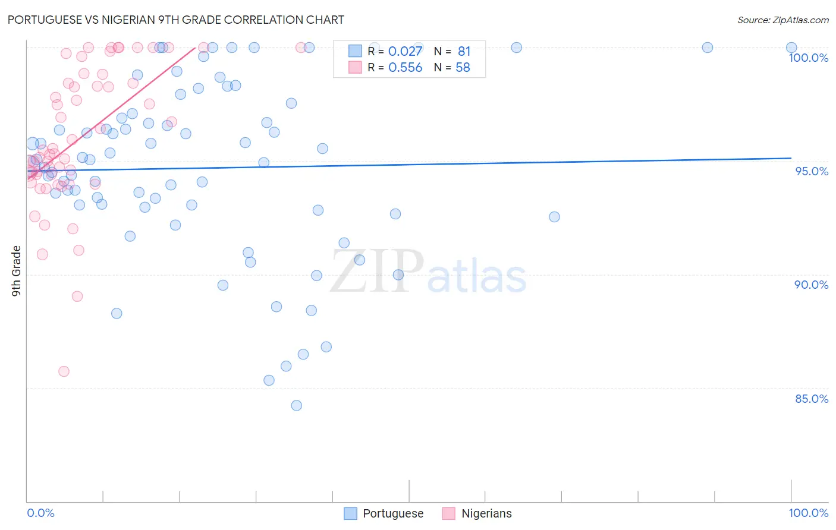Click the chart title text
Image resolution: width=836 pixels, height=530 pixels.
point(175,20)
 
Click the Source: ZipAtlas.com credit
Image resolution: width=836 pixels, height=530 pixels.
point(782,20)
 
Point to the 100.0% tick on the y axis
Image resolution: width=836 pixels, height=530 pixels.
point(808,58)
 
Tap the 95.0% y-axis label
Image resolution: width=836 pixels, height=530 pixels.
point(812,171)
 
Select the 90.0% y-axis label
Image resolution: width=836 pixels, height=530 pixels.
point(811,285)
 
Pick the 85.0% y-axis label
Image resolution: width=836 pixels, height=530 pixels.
point(811,399)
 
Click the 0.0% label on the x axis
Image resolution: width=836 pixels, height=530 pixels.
point(40,513)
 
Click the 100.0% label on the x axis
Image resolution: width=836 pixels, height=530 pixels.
point(808,513)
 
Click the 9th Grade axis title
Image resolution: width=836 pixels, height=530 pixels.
point(17,271)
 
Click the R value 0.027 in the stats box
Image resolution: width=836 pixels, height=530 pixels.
point(405,52)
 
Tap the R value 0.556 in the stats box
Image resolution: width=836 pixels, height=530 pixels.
point(405,68)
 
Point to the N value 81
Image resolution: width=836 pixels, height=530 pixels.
point(464,52)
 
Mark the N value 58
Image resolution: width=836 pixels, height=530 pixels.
point(463,68)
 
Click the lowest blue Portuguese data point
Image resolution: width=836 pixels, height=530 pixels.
point(296,405)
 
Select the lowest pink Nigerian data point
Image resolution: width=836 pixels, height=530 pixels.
point(64,371)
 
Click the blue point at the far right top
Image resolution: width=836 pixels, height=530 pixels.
point(791,48)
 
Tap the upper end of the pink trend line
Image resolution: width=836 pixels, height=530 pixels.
point(195,48)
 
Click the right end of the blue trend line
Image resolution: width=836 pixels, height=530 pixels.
point(791,158)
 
